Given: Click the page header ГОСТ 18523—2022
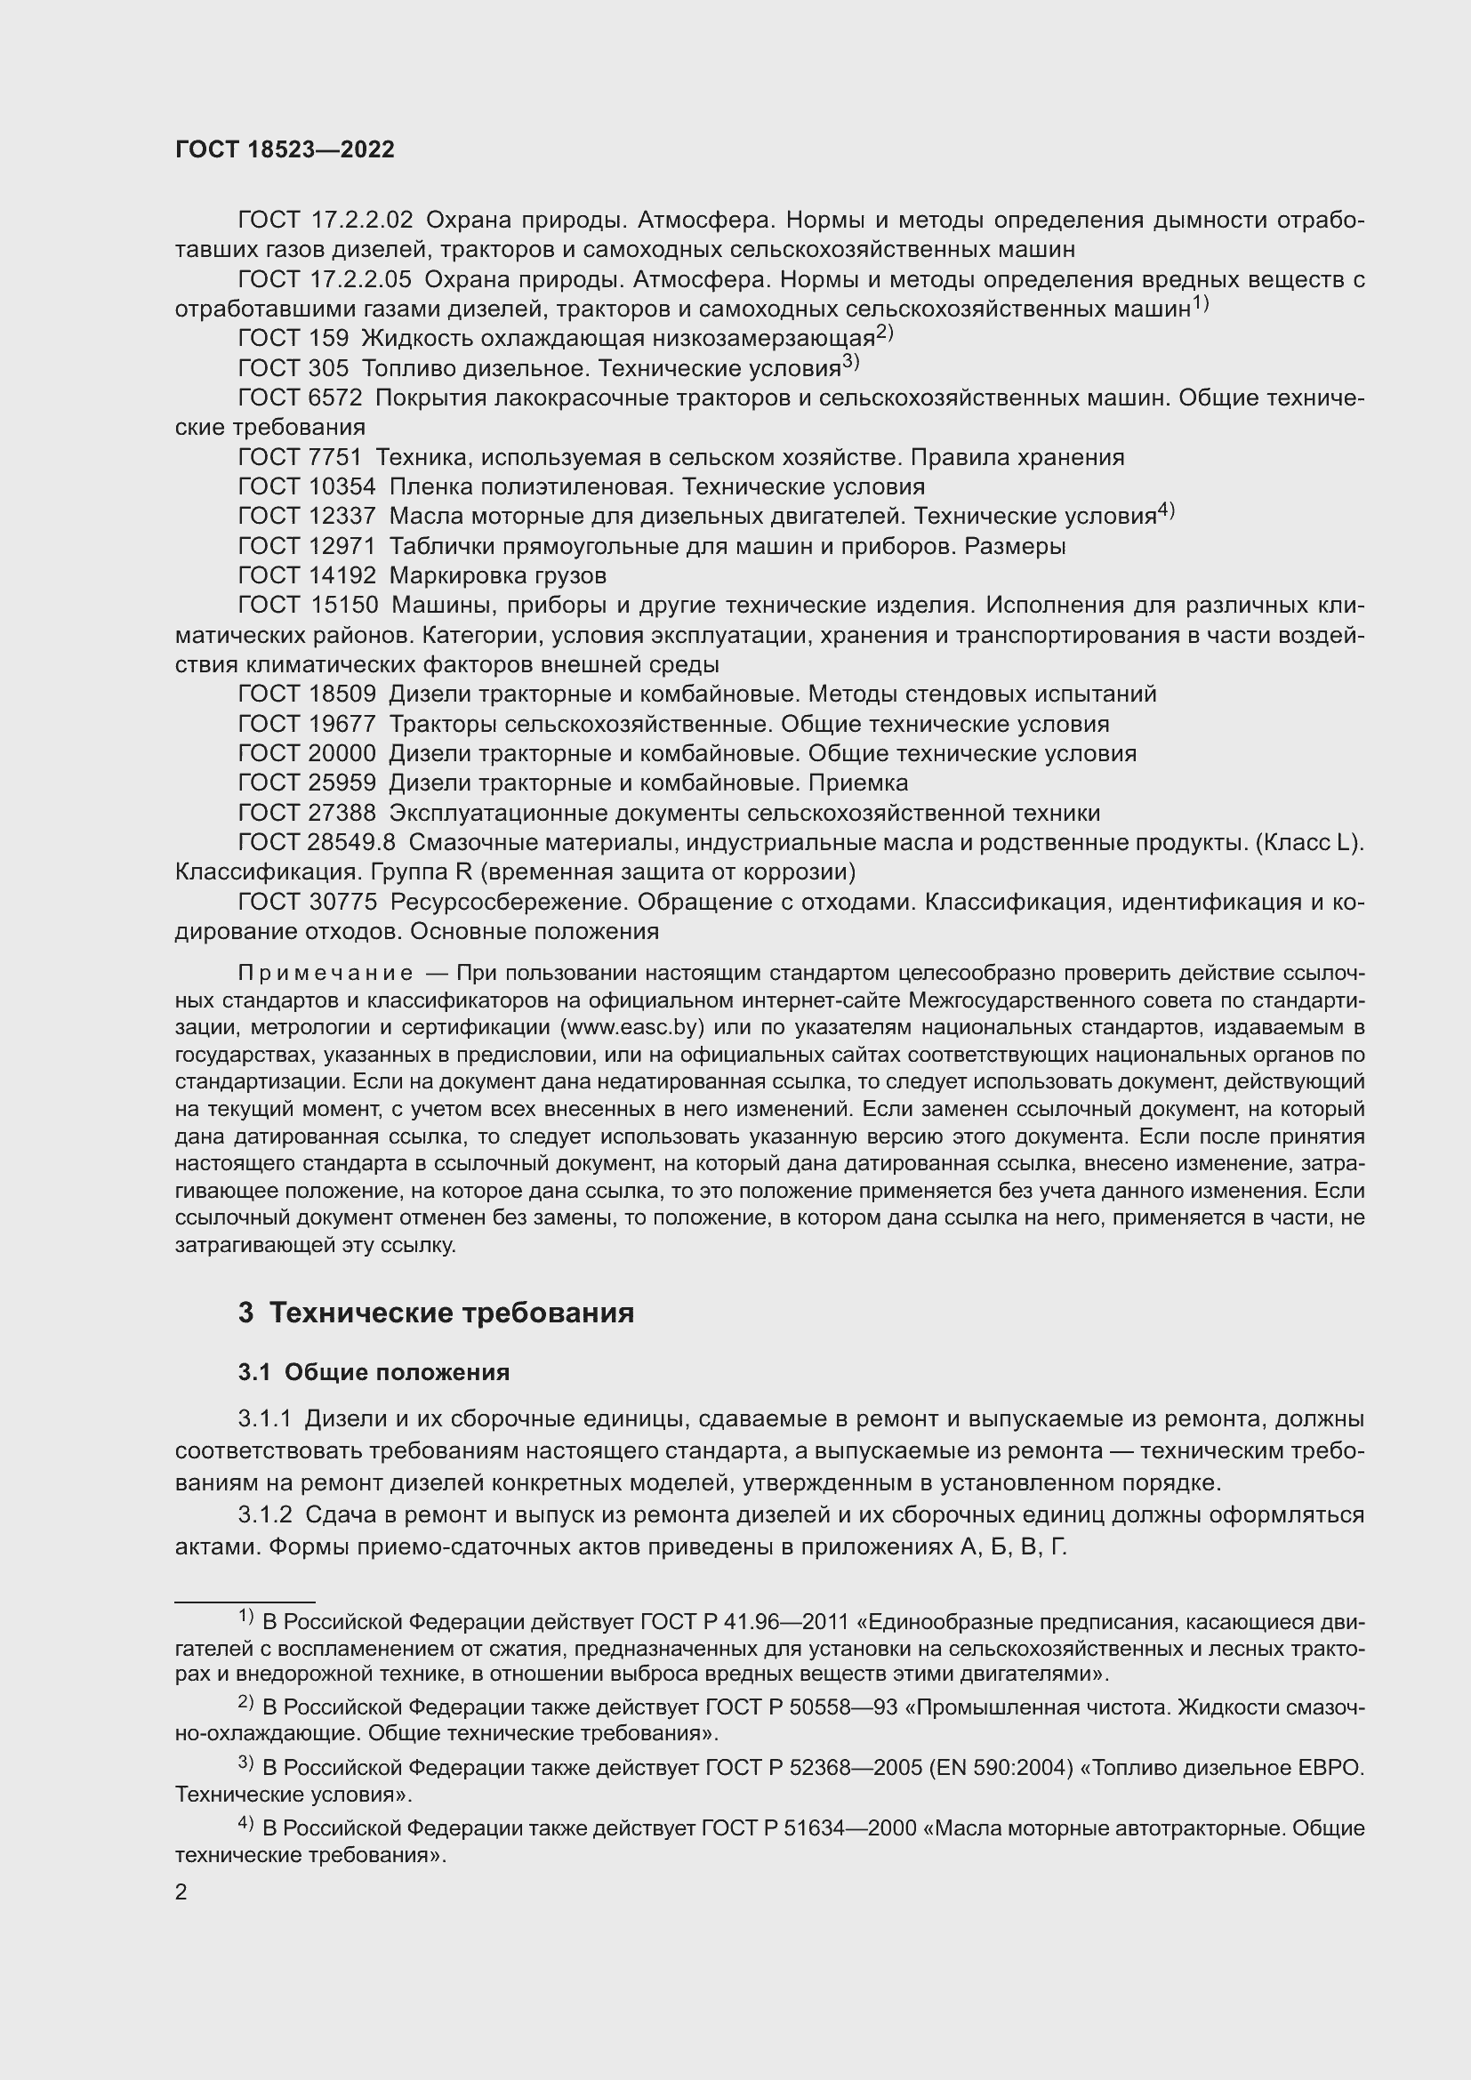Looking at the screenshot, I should pos(285,150).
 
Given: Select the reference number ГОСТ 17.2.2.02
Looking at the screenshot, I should pos(326,221).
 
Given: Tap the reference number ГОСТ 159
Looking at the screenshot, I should pos(293,339).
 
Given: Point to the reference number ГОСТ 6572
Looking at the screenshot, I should pos(300,398).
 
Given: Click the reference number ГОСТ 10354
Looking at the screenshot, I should pos(306,487).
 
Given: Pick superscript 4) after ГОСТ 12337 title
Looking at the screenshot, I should pos(1166,512).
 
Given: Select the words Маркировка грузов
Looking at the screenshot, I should pos(497,576).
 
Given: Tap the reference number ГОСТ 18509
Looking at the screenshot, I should pos(306,695).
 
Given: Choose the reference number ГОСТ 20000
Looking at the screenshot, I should pos(306,754).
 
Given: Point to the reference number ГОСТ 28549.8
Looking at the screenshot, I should pos(316,842).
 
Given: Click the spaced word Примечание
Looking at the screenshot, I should pos(326,974).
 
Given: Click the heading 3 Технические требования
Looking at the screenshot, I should pos(436,1313).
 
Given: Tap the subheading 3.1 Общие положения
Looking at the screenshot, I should pos(374,1372).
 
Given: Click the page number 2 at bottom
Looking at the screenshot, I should pos(181,1892).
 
